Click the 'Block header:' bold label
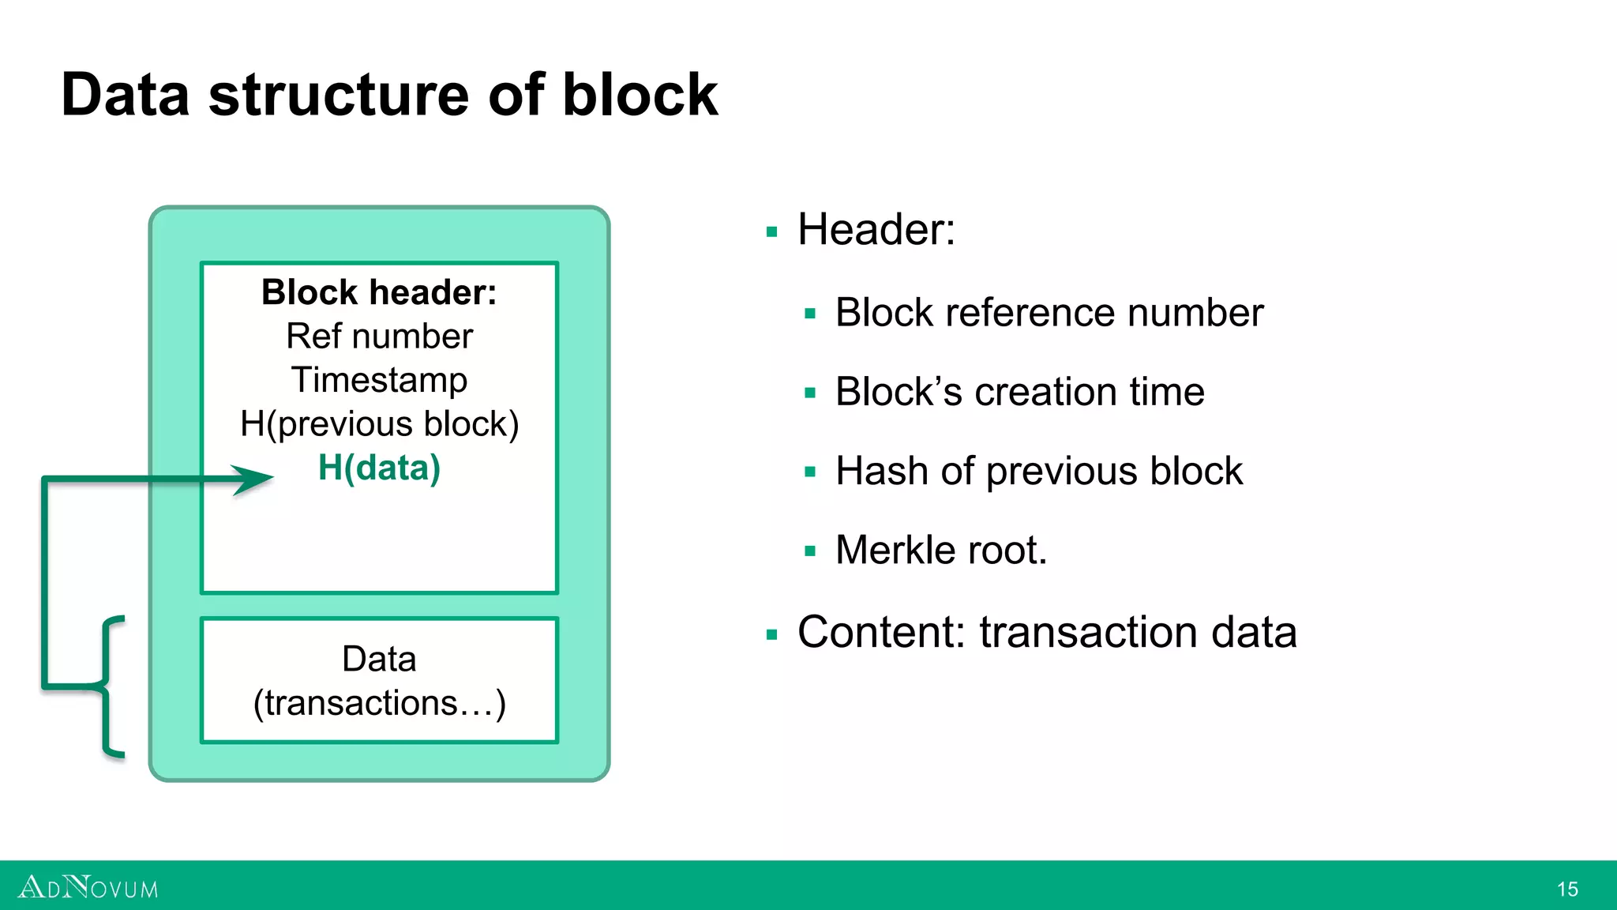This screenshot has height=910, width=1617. point(379,292)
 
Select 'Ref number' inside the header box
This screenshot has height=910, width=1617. point(379,337)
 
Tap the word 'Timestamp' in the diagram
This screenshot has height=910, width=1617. point(379,380)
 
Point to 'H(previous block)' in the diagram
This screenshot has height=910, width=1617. point(379,424)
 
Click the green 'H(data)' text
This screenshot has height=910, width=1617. point(379,468)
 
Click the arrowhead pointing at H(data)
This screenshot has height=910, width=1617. point(254,479)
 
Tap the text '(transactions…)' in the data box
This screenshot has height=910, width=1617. point(379,703)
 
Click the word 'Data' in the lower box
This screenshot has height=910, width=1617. point(379,659)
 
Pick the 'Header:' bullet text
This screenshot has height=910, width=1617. point(876,230)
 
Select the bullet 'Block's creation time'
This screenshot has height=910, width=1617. point(1019,392)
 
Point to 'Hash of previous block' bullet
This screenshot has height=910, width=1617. point(1038,471)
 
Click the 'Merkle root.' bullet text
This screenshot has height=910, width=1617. point(940,550)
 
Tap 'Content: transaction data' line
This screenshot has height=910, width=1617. point(1046,632)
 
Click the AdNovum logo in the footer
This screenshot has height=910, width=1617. point(88,888)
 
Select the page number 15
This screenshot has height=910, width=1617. point(1567,889)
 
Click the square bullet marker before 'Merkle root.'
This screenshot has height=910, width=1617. point(809,551)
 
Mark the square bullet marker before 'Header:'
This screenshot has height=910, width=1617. point(771,232)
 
